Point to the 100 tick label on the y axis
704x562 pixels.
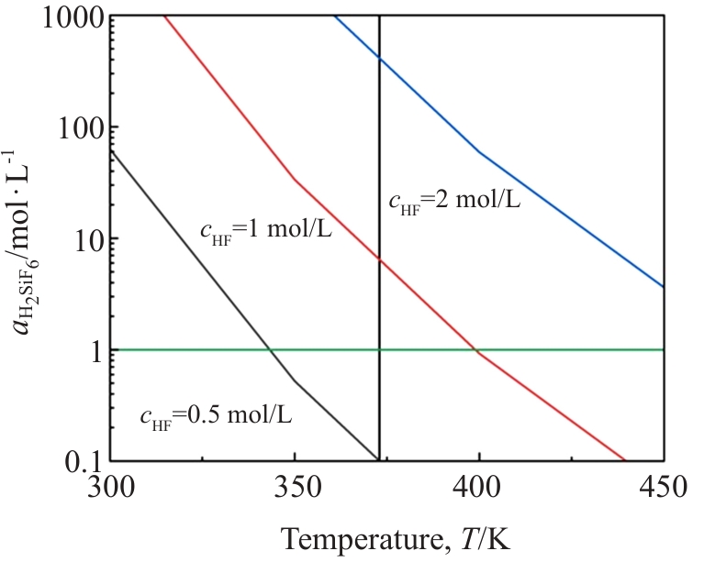pos(73,127)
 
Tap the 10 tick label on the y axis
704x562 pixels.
pos(83,238)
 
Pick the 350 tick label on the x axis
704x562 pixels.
pos(295,485)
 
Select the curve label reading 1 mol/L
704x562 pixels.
pos(266,230)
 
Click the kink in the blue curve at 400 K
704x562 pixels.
pos(480,152)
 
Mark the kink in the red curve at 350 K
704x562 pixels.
pos(295,180)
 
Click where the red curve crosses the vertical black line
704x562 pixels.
pos(379,259)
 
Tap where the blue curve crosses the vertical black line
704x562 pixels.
pos(379,58)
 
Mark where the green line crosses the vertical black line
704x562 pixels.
pos(379,349)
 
